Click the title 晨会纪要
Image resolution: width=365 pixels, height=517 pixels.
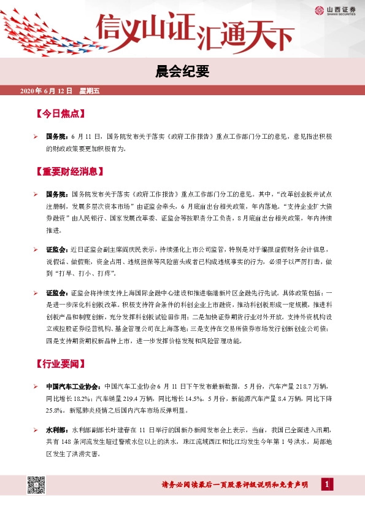coord(182,72)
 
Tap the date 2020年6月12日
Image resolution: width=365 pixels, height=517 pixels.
coord(46,91)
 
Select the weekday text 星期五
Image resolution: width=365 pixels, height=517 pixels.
coord(89,91)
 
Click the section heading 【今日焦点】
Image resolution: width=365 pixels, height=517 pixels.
coord(60,114)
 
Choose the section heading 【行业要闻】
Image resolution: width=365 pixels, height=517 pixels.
coord(60,364)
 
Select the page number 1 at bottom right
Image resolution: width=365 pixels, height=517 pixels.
coord(328,486)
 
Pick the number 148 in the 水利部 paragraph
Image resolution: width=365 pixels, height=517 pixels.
coord(66,444)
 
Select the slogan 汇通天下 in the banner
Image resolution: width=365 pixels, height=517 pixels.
coord(245,37)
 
